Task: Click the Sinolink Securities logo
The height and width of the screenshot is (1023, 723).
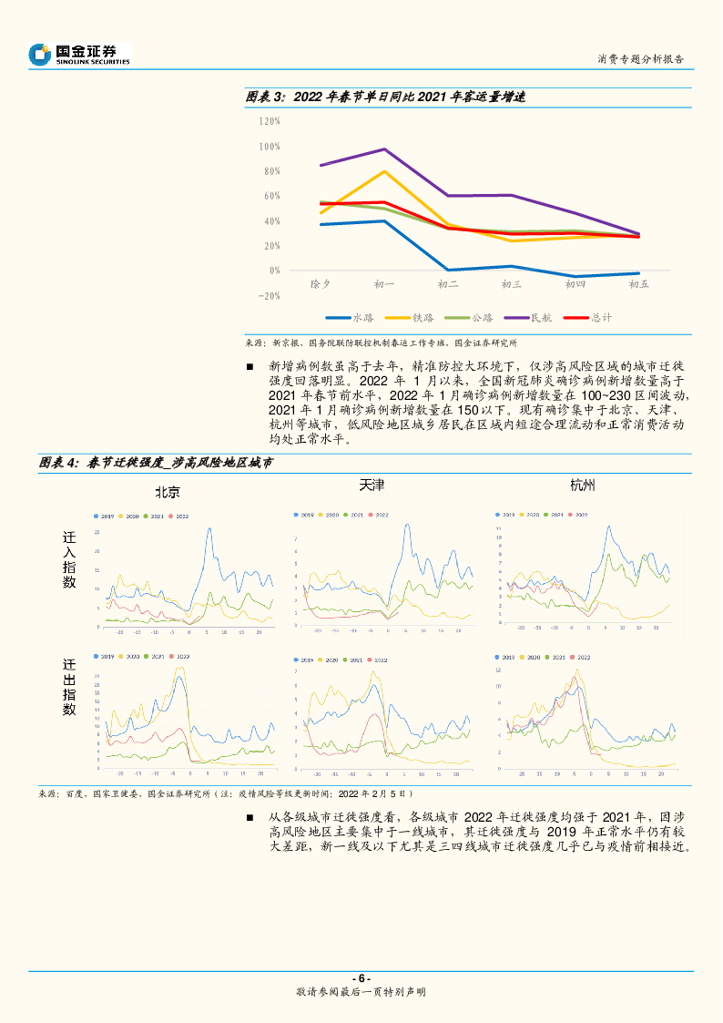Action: (x=79, y=54)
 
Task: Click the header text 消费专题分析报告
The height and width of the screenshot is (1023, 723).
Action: (x=640, y=59)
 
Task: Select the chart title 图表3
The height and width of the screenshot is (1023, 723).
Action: (x=386, y=97)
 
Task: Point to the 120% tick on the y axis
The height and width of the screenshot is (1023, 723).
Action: (x=269, y=121)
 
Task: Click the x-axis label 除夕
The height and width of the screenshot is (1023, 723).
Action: (x=320, y=285)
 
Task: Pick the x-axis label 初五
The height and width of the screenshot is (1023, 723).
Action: (x=638, y=285)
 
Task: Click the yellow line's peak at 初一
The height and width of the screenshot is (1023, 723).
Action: (x=383, y=171)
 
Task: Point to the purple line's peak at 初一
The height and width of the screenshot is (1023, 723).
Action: (x=383, y=149)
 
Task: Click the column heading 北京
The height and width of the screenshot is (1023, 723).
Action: (x=167, y=493)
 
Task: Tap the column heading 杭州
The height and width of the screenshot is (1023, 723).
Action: (x=582, y=485)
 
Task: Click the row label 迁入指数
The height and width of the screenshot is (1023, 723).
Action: (x=69, y=561)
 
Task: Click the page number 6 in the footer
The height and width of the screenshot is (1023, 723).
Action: (x=361, y=978)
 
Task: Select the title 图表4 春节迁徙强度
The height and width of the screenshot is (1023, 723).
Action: (x=156, y=463)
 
